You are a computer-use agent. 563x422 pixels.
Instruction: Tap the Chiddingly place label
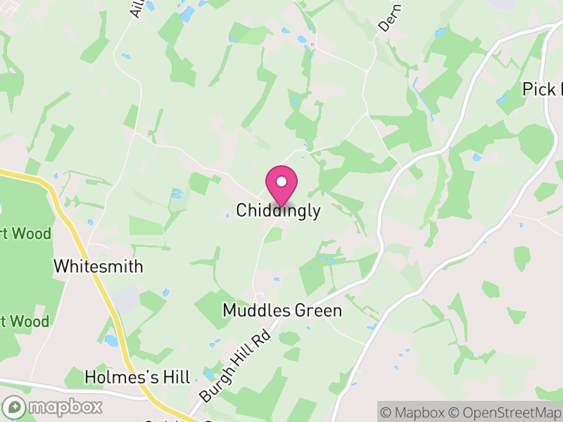click(279, 210)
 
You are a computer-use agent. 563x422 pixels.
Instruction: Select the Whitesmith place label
click(99, 267)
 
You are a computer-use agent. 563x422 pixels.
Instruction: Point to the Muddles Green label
click(282, 310)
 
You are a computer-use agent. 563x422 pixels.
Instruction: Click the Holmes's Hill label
click(137, 377)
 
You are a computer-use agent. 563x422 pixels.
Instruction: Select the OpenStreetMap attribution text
click(507, 413)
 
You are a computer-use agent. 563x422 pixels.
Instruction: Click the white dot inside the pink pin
click(281, 181)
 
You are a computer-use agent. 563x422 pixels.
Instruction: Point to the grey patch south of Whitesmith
click(127, 299)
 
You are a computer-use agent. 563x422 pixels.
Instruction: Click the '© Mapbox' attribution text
click(415, 413)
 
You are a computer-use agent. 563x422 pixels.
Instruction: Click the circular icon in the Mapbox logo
click(15, 407)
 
